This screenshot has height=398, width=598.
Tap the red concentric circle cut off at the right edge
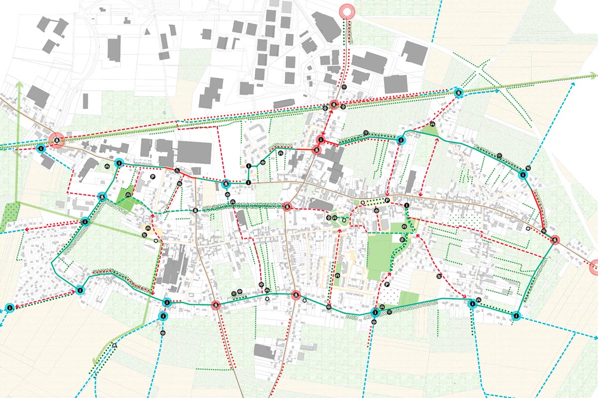(x=594, y=267)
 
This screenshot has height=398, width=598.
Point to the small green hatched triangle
(x=430, y=131)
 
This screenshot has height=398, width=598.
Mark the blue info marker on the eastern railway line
(x=458, y=92)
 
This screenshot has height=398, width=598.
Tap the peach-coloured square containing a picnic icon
(x=148, y=230)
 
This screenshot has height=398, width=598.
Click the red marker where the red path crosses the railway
(x=333, y=105)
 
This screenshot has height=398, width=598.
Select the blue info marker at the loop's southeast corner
(x=516, y=315)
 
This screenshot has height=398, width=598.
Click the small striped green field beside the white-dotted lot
(x=408, y=298)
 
